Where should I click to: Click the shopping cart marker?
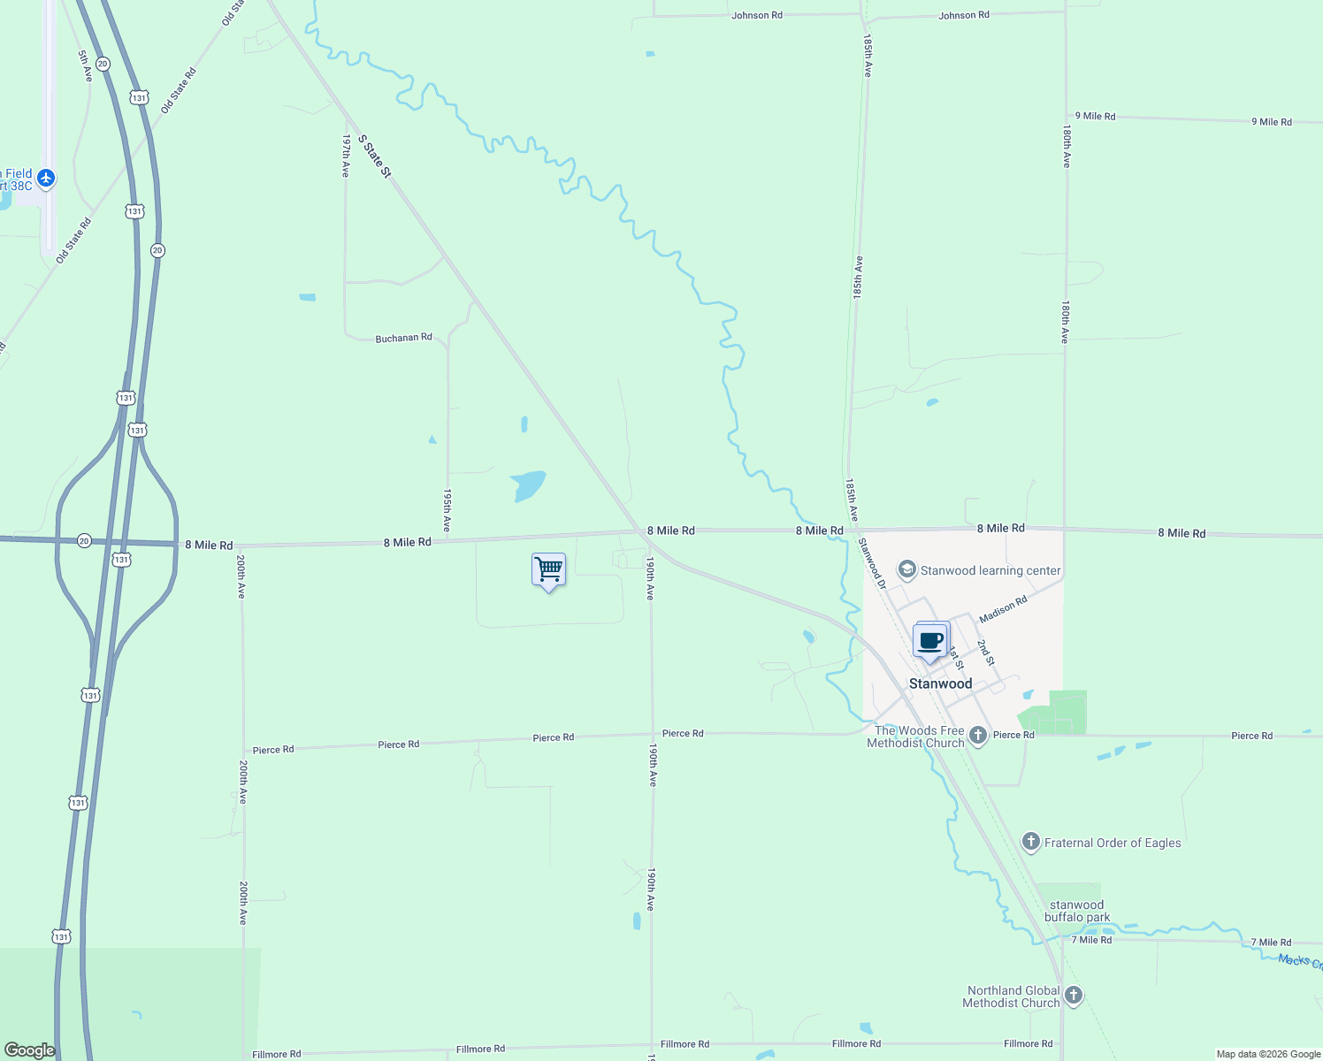click(548, 569)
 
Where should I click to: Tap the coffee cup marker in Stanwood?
click(930, 640)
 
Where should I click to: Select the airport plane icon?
click(46, 179)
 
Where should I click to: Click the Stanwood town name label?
click(940, 683)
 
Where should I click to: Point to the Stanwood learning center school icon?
click(906, 569)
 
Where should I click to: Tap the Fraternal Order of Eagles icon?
click(1030, 842)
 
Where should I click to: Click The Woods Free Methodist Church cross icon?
click(977, 735)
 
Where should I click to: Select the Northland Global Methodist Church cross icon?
click(1073, 996)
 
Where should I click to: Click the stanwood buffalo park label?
click(1076, 911)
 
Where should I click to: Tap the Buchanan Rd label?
click(403, 338)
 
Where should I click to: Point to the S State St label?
click(374, 156)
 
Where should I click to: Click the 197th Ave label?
click(346, 156)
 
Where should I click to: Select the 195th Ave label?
click(447, 510)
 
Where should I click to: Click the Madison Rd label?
click(1003, 608)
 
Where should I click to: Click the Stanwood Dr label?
click(871, 564)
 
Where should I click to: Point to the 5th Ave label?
click(85, 66)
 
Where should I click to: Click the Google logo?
click(29, 1050)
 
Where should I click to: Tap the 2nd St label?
click(985, 653)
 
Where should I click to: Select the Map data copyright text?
click(1268, 1054)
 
